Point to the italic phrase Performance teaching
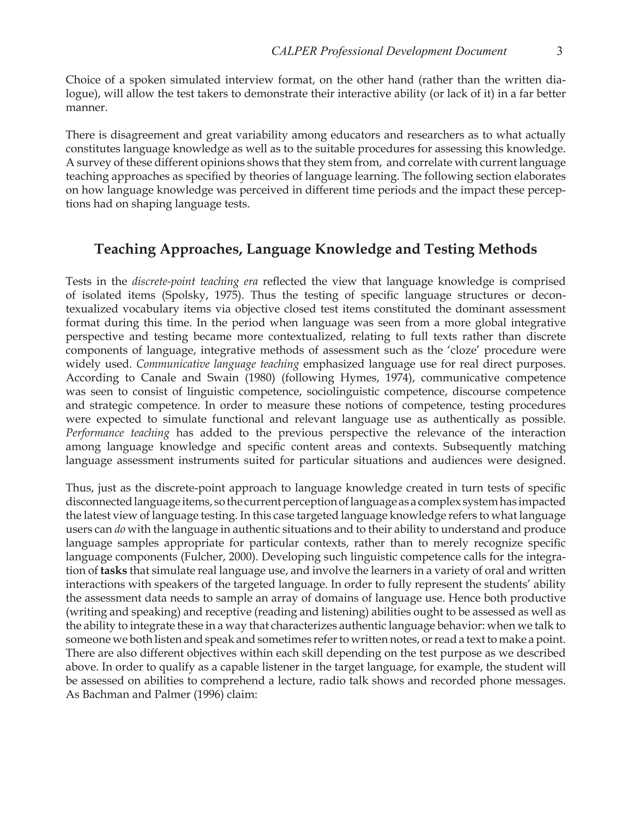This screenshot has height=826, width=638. click(117, 433)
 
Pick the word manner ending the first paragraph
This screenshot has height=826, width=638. click(85, 108)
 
